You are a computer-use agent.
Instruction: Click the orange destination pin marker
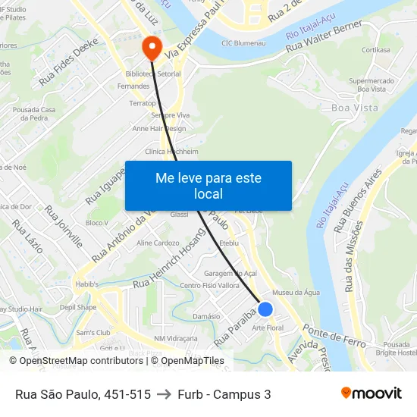click(152, 47)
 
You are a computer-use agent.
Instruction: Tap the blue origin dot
click(265, 309)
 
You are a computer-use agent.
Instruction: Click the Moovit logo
click(371, 393)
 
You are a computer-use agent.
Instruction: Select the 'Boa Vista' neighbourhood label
click(355, 108)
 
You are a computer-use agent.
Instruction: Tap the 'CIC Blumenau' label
click(243, 44)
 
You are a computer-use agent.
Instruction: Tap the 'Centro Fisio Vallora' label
click(209, 285)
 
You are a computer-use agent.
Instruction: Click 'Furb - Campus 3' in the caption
click(224, 394)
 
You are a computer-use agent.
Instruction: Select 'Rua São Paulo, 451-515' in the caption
click(83, 394)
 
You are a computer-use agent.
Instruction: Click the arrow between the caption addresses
click(164, 394)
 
